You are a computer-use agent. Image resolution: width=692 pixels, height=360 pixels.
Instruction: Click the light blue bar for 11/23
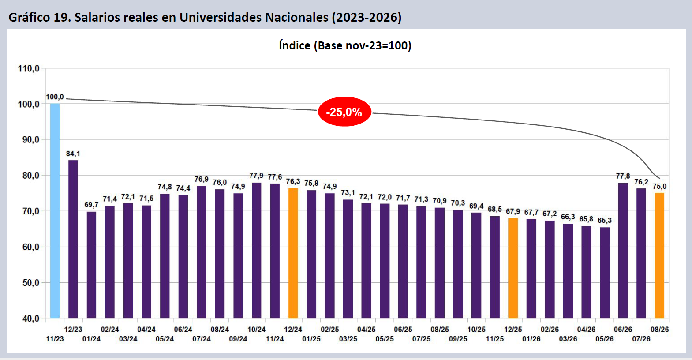55,211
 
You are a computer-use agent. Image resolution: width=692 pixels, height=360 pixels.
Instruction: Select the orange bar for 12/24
293,253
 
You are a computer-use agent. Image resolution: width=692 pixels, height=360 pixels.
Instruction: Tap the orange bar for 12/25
513,268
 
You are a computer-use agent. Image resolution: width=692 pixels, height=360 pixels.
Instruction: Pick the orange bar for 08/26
659,255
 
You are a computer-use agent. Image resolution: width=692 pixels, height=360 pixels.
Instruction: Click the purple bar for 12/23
73,239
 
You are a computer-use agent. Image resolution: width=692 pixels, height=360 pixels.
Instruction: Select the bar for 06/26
623,250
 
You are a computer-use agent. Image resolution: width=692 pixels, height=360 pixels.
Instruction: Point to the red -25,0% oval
344,112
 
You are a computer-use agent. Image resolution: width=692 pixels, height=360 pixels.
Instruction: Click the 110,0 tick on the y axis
29,68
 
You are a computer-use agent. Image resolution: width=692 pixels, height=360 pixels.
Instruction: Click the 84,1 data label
73,154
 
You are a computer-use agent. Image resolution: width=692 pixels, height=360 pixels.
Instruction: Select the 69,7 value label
91,205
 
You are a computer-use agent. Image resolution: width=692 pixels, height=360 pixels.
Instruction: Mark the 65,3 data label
605,220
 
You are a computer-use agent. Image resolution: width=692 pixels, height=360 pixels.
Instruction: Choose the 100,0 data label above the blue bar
55,97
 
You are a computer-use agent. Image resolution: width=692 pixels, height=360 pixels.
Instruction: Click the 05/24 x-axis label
165,339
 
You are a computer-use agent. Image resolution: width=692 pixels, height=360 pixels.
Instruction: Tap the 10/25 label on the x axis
476,330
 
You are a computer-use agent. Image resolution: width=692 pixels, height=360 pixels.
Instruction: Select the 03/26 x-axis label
568,339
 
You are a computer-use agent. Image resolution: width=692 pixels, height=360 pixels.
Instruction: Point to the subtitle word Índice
295,45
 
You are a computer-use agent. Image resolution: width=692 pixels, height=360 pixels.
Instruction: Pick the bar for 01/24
91,265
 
